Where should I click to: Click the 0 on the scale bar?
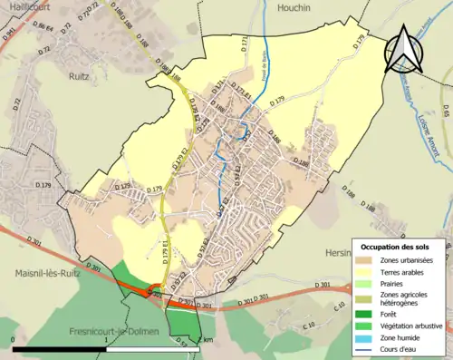[14, 341]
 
